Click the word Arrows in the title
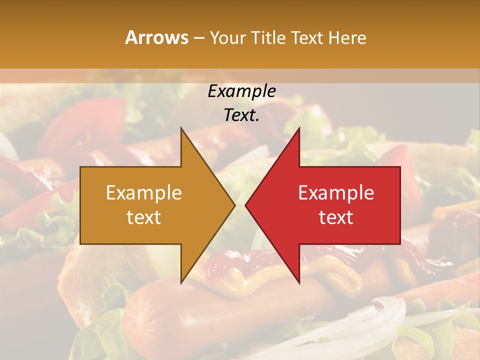coord(156,37)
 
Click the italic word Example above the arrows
coord(241,91)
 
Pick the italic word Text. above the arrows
coord(241,115)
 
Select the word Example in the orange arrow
coord(143,193)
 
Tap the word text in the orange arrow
coord(143,217)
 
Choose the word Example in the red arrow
coord(336,193)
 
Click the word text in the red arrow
coord(336,217)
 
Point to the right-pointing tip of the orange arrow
coord(234,205)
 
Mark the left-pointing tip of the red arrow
coord(246,205)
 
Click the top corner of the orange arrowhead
coord(181,128)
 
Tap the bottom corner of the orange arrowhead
coord(181,282)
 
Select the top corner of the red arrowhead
coord(299,128)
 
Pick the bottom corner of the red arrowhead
coord(299,282)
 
